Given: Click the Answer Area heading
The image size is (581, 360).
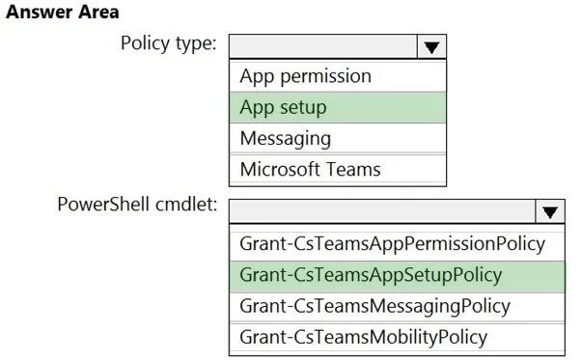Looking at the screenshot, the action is pyautogui.click(x=63, y=12).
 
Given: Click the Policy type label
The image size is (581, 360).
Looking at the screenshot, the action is pyautogui.click(x=169, y=43).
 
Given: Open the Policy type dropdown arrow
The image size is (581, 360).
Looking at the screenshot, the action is pyautogui.click(x=431, y=46).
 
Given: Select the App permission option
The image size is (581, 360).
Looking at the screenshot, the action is pyautogui.click(x=305, y=76).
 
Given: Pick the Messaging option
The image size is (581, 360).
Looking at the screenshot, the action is pyautogui.click(x=286, y=139).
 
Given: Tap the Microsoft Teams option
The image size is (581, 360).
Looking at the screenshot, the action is pyautogui.click(x=310, y=170).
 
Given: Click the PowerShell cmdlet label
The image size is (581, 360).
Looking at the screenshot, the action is pyautogui.click(x=137, y=204).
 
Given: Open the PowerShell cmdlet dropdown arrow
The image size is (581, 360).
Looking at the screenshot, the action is pyautogui.click(x=550, y=211).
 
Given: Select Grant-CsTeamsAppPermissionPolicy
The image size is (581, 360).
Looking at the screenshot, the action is pyautogui.click(x=393, y=244).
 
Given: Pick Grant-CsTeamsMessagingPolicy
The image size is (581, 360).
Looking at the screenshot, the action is pyautogui.click(x=375, y=307).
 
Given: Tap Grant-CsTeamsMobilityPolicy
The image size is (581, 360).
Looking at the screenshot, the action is pyautogui.click(x=364, y=338).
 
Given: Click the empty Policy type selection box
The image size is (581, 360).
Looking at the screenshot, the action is pyautogui.click(x=323, y=46).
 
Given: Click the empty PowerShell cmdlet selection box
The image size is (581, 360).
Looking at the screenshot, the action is pyautogui.click(x=382, y=211).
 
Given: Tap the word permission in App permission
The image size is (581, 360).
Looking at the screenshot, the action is pyautogui.click(x=325, y=77).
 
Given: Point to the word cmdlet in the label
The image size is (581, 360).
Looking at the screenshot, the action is pyautogui.click(x=186, y=204).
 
